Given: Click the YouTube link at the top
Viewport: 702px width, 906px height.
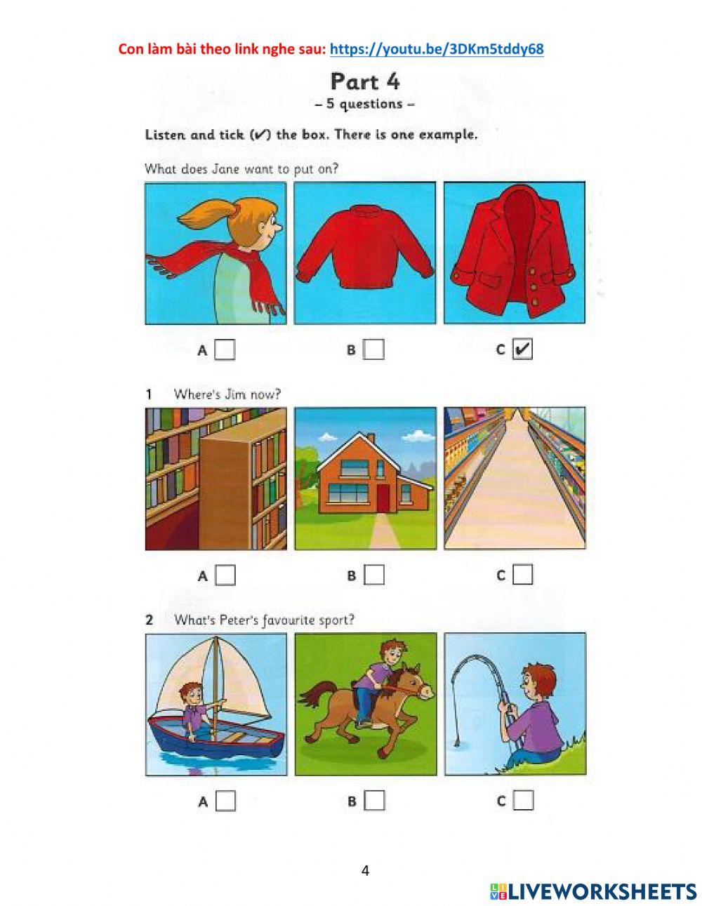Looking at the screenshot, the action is [x=437, y=49].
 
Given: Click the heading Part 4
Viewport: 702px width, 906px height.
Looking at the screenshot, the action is [x=365, y=81].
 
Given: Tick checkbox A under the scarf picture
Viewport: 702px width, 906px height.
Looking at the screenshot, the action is [x=225, y=349].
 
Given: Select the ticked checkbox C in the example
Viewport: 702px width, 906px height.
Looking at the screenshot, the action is [x=522, y=349].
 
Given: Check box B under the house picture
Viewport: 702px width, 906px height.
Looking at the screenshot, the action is [x=374, y=575].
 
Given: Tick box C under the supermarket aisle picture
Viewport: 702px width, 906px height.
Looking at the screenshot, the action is [x=523, y=575].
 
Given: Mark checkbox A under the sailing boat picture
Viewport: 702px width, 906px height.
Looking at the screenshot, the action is [x=225, y=801].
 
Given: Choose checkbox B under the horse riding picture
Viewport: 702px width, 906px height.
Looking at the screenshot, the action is [x=374, y=801].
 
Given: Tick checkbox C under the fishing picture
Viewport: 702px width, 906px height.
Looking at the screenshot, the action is [x=523, y=800].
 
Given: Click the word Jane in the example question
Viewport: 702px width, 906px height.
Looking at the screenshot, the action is [x=226, y=169].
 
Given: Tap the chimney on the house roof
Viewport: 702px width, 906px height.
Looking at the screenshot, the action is [x=370, y=439].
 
